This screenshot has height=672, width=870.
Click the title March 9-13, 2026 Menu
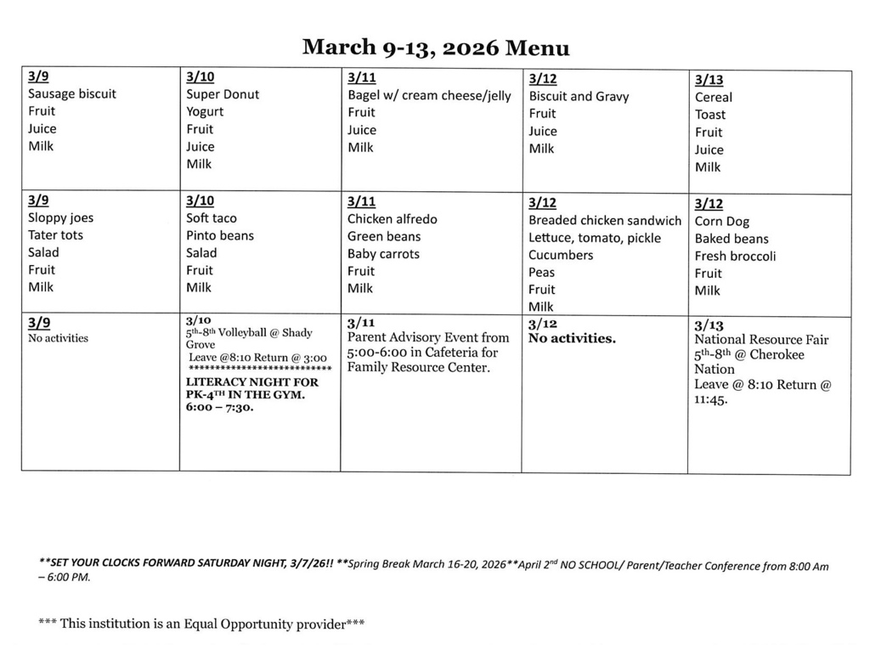436,47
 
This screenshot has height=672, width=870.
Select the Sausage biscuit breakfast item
72,94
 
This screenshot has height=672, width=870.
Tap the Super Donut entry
223,94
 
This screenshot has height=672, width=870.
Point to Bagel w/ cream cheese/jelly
429,95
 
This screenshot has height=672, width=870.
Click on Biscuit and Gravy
579,96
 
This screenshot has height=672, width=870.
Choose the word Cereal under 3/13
713,97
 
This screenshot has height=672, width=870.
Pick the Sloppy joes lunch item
60,217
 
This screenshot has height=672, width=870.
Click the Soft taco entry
212,218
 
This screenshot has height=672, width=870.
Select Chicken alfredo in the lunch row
392,219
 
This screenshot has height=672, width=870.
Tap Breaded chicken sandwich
605,221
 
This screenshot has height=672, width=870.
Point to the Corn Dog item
721,222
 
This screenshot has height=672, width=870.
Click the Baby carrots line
383,254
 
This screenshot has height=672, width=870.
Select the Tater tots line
56,235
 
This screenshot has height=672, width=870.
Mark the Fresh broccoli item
735,256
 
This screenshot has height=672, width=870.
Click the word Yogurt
205,112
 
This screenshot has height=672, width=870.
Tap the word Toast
710,115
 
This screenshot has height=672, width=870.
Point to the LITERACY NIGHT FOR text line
252,382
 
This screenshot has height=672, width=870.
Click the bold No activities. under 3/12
572,339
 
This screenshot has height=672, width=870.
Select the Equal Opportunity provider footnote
202,624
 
